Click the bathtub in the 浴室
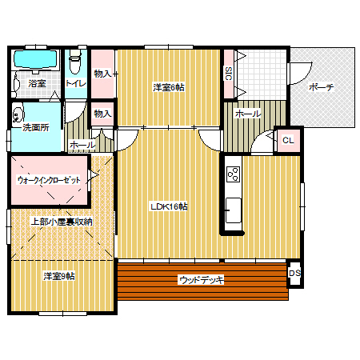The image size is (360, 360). coord(35,59)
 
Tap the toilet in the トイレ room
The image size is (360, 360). coord(74,62)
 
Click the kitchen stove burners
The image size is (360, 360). coord(233,174)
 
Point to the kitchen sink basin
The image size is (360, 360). coord(234,210)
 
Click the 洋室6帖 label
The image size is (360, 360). coord(169,87)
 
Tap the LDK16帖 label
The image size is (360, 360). coord(169,206)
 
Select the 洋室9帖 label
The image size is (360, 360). coord(59,276)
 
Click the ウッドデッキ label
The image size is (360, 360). coord(202,280)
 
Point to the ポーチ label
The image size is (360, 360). coord(321,87)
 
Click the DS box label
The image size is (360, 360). coord(294,273)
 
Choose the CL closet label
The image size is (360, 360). coord(288,140)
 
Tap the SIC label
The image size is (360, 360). coord(229,74)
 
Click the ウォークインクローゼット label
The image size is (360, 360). coord(49,180)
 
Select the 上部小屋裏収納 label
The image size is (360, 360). coord(62,222)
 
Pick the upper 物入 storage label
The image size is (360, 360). coord(102,74)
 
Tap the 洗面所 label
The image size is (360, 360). coord(36,127)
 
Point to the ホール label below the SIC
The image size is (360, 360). coord(248,114)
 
